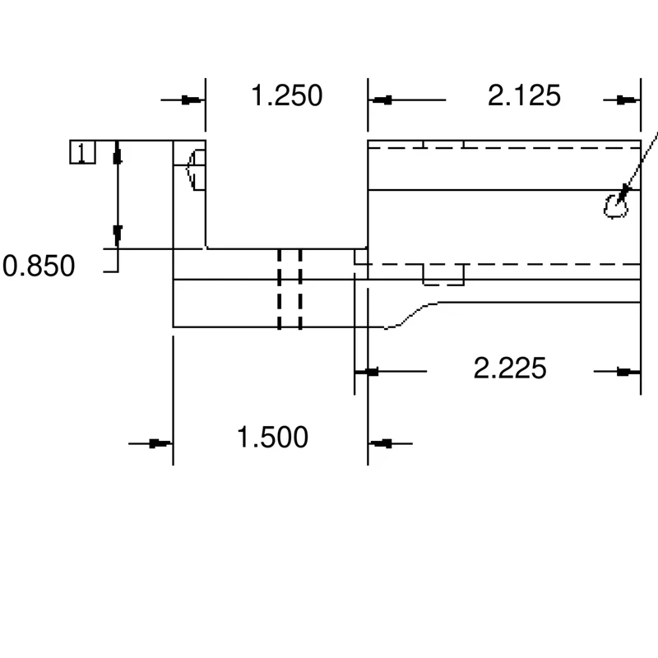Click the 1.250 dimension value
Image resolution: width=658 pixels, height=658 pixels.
tap(287, 95)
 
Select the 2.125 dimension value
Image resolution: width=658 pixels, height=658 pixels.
tap(524, 95)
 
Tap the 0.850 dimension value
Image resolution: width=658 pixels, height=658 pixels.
tap(39, 266)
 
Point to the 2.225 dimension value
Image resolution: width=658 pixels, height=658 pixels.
tap(510, 368)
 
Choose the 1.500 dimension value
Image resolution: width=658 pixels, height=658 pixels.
tap(273, 438)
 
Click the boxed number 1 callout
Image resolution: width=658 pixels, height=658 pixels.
tap(83, 152)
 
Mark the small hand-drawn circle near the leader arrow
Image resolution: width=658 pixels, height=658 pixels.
tap(615, 206)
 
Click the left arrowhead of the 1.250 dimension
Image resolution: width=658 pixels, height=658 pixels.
tap(193, 100)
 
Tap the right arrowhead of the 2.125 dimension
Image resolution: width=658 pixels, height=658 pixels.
tap(628, 100)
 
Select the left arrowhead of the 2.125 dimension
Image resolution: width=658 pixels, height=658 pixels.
tap(380, 100)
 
